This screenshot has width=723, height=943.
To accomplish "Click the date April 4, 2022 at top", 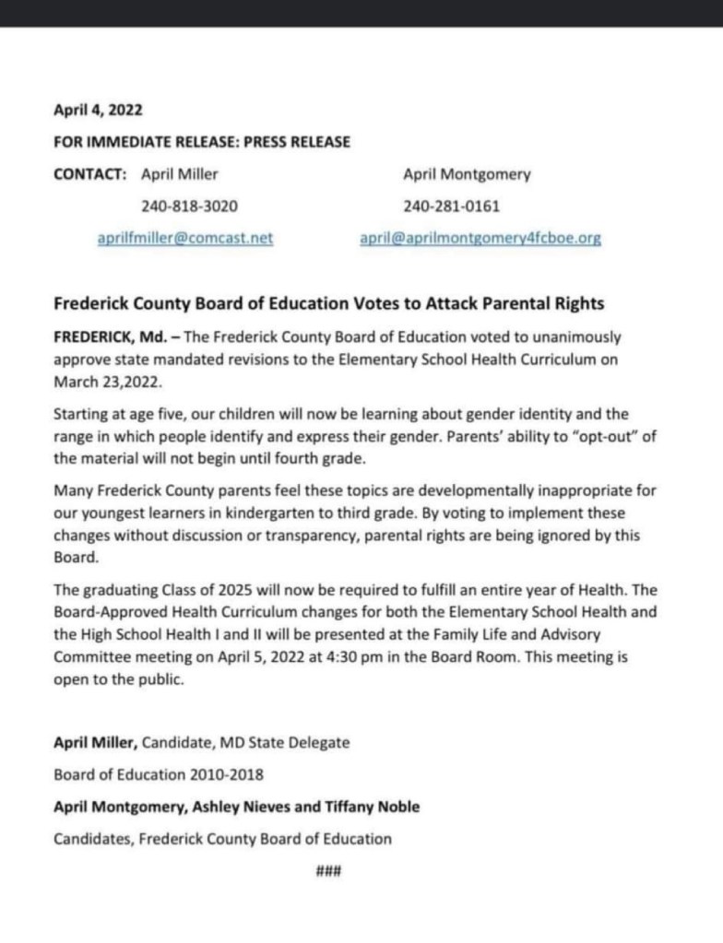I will point(98,110).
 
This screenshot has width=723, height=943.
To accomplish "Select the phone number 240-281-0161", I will point(451,206).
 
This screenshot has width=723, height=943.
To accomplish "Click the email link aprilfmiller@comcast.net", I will point(185,238).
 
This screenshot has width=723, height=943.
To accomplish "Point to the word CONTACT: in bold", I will point(89,173).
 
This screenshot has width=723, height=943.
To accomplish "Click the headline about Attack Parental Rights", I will point(329,303).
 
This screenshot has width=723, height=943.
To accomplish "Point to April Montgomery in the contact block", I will point(467,173).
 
